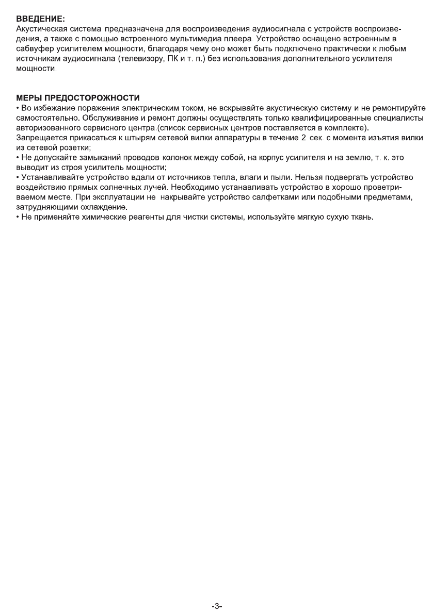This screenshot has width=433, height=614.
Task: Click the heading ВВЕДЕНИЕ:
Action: pos(40,19)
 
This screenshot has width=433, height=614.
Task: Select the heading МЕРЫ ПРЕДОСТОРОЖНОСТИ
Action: pos(71,98)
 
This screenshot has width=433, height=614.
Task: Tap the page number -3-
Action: pos(217,606)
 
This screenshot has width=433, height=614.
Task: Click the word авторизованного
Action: pos(48,127)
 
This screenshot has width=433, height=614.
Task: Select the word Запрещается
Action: pos(39,138)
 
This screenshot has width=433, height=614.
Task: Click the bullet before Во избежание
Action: pos(18,108)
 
